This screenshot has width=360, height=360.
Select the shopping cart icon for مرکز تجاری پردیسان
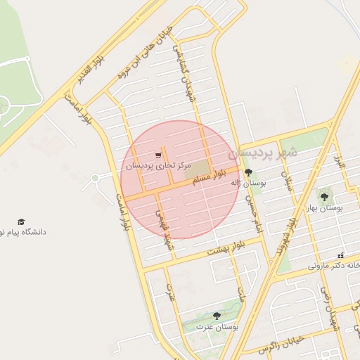coord(157,156)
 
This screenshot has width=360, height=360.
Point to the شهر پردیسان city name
coord(268,150)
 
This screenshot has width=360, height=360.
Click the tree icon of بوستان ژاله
coord(248,172)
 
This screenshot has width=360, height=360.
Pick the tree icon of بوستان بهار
coord(324,198)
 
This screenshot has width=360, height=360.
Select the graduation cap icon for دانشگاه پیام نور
coord(21,221)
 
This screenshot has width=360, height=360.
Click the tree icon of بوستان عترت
coord(216,316)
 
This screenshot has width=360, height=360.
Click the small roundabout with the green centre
coord(95,179)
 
